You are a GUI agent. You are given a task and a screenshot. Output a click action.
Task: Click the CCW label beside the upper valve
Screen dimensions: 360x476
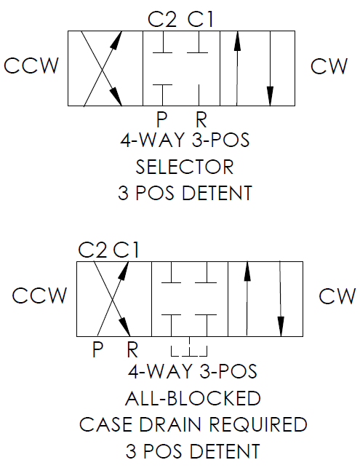(x=31, y=66)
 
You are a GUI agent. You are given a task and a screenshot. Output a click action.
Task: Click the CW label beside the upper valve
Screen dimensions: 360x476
(x=329, y=66)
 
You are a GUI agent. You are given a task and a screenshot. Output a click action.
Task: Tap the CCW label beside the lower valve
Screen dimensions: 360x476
(x=39, y=295)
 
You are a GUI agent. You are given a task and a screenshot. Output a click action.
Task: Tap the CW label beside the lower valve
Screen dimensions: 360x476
(x=337, y=296)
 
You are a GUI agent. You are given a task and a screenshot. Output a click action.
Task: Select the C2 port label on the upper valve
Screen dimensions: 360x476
(x=162, y=19)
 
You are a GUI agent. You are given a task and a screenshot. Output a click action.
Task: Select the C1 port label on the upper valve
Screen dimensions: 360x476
(x=201, y=19)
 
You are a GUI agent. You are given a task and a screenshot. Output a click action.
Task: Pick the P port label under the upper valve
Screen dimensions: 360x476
(x=162, y=119)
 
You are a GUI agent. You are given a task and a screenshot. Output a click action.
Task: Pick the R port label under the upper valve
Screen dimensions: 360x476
(x=201, y=119)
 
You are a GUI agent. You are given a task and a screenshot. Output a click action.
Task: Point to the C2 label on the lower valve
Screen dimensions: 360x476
(x=92, y=250)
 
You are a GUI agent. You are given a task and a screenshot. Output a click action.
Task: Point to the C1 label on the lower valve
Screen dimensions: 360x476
(x=126, y=250)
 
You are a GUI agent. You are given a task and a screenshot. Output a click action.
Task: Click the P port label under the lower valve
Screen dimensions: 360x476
(x=97, y=349)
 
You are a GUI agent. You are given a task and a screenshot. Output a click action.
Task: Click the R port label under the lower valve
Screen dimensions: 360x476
(x=132, y=349)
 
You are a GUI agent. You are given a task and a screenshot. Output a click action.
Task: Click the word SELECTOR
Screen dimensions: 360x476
(x=185, y=167)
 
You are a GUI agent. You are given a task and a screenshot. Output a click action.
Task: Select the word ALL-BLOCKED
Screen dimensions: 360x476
(x=193, y=398)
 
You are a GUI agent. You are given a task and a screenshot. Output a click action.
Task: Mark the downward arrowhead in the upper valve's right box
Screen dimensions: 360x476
(x=270, y=96)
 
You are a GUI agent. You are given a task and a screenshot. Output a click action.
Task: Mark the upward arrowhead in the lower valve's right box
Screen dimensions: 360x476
(x=247, y=271)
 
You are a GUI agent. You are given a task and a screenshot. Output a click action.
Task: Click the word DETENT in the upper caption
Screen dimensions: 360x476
(x=217, y=193)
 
